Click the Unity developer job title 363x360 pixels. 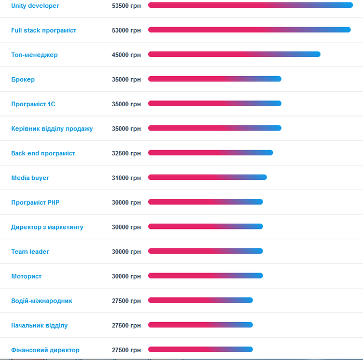tap(35, 6)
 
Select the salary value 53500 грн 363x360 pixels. tap(126, 6)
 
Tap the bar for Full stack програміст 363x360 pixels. tap(249, 30)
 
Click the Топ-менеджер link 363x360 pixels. tap(34, 55)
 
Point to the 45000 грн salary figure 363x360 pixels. tap(126, 55)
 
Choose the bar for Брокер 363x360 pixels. tap(215, 79)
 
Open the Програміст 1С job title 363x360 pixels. tap(33, 104)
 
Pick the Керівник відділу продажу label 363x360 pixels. tap(52, 128)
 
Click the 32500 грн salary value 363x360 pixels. tap(126, 153)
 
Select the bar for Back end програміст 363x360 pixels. tap(210, 153)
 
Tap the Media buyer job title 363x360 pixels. tap(30, 178)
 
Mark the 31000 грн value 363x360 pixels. tap(126, 178)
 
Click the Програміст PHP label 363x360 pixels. tap(35, 203)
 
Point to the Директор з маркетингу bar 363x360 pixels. tap(205, 226)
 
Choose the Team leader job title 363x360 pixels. tap(30, 252)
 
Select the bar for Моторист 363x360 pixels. tap(205, 276)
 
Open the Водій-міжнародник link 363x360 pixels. tap(41, 301)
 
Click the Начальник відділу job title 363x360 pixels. tap(39, 325)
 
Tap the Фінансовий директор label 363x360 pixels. tap(45, 350)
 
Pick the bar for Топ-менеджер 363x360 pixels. tap(234, 54)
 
